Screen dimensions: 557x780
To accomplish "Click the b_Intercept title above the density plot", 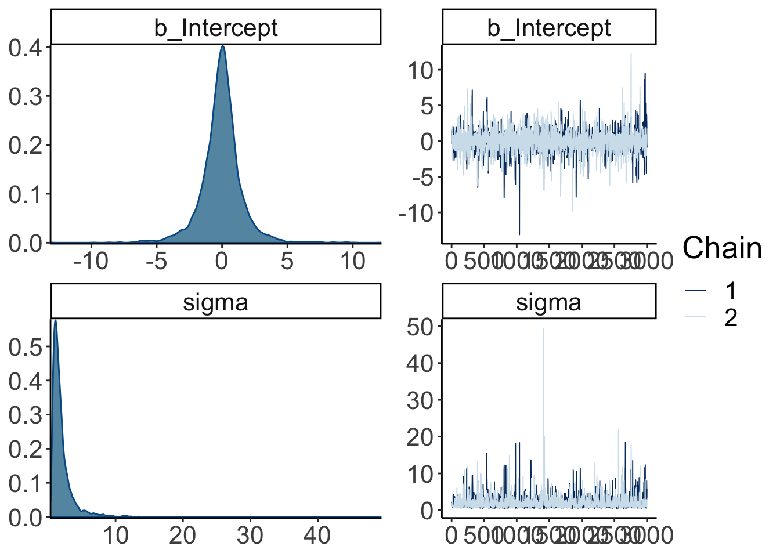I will point(216,28).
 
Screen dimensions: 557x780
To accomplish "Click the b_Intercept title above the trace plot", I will point(549,28).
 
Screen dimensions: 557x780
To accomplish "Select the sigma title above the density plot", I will point(216,302).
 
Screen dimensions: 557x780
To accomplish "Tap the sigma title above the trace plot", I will point(549,302).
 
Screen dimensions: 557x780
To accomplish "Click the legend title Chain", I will point(722,248).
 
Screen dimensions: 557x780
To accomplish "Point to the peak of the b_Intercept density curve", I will point(222,47).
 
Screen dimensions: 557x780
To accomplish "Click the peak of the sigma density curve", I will point(55,320).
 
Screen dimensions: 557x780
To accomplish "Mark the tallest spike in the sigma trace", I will point(543,329).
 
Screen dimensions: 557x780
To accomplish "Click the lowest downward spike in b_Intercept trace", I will point(519,234).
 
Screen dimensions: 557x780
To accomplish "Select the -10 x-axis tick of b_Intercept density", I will point(91,261).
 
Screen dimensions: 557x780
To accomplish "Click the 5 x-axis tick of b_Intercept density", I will point(287,261).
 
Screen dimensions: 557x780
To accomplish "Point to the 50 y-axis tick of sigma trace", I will point(420,327).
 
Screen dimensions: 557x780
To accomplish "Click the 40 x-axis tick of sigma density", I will point(317,536).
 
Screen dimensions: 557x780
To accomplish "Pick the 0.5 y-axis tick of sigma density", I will point(26,347).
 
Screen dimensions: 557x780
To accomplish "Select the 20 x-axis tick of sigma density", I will point(182,536).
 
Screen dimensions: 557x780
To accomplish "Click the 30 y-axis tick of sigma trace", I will point(420,400).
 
